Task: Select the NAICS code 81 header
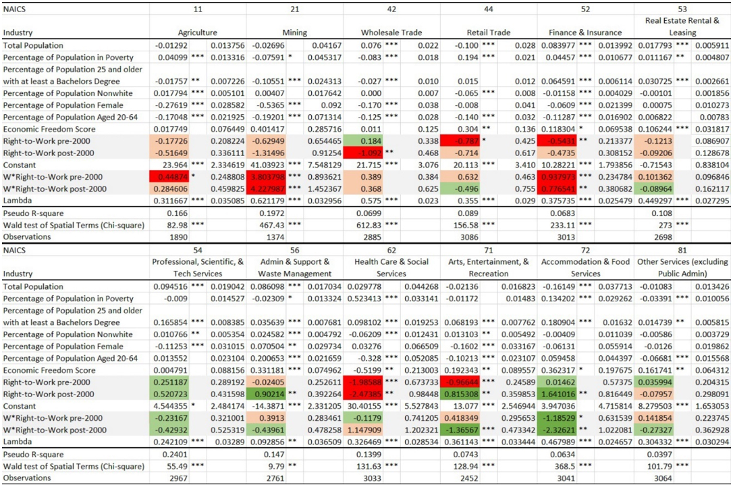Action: pos(682,250)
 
